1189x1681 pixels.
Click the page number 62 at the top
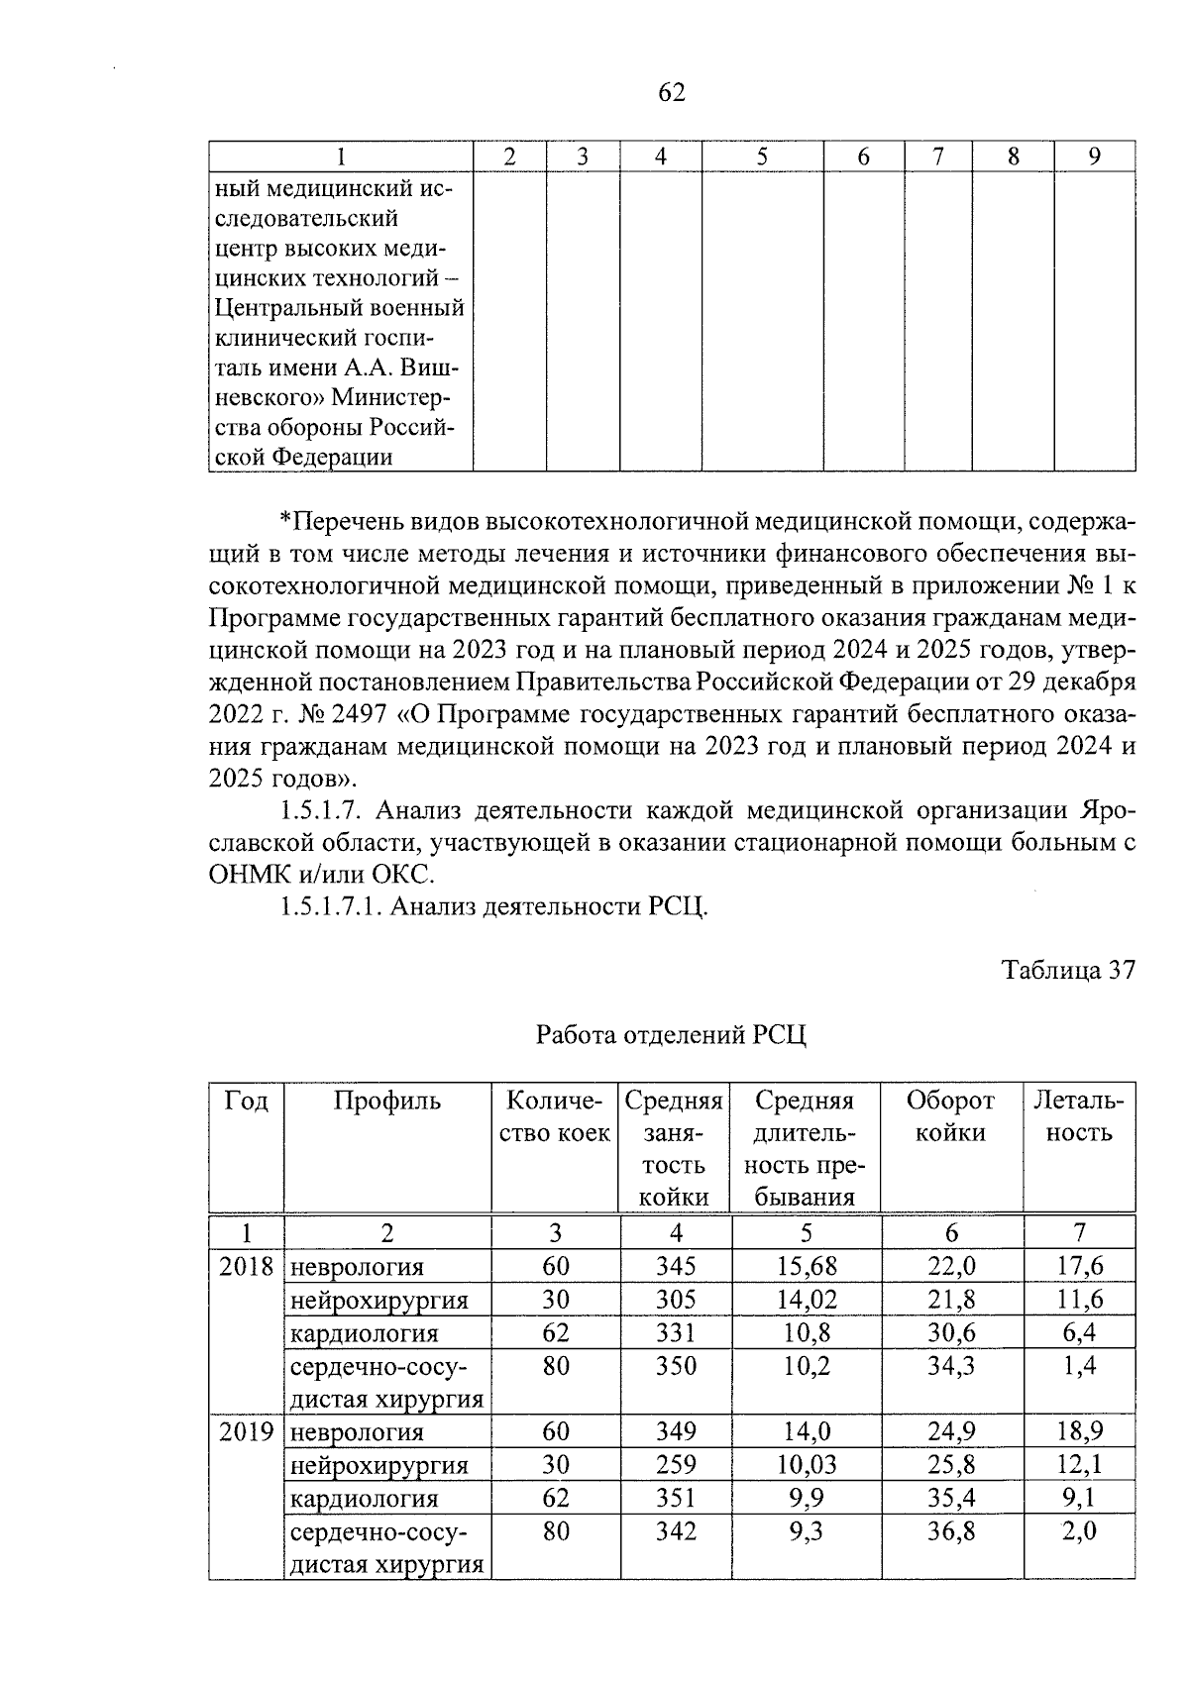[x=671, y=92]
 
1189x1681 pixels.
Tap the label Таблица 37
[x=1067, y=970]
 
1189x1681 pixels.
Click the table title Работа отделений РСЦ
[x=671, y=1035]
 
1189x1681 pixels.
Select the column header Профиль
[x=386, y=1101]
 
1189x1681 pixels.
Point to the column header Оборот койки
[x=950, y=1116]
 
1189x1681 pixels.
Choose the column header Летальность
[x=1078, y=1116]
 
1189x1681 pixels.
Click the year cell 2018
[x=246, y=1266]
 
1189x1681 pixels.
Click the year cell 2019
[x=246, y=1431]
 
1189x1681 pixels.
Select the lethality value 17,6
[x=1079, y=1266]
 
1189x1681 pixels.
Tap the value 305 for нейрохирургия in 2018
[x=676, y=1299]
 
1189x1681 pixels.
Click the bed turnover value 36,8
[x=951, y=1531]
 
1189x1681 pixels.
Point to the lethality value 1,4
[x=1079, y=1366]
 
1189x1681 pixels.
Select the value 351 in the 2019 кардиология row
[x=676, y=1498]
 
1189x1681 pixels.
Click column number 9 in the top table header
[x=1094, y=157]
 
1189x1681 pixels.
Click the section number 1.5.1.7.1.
[x=331, y=906]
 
